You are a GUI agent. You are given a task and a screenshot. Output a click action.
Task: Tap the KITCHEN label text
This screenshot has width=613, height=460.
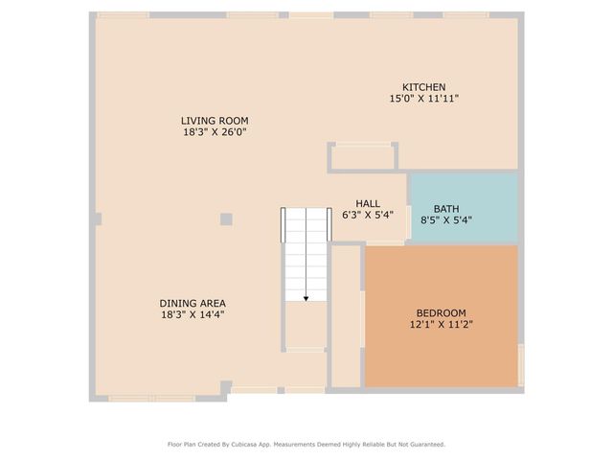(423, 87)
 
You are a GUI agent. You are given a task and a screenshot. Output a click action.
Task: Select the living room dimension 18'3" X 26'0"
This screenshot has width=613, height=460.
(215, 132)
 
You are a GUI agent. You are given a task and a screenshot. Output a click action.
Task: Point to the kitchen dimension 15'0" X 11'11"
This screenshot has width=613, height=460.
(423, 99)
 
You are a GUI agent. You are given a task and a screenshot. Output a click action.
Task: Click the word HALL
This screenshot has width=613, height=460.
(368, 204)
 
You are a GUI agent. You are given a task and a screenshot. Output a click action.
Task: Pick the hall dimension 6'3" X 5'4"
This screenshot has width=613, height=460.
(368, 216)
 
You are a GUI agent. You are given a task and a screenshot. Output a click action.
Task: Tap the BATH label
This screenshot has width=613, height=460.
(446, 209)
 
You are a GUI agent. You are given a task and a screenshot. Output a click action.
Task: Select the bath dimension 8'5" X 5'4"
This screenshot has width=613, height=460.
(446, 220)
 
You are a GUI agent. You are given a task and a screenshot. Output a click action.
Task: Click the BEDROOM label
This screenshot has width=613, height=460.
(441, 313)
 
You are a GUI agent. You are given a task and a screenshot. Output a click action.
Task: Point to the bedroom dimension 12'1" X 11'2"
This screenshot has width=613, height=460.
(441, 325)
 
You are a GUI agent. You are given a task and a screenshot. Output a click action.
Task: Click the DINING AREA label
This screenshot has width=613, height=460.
(193, 304)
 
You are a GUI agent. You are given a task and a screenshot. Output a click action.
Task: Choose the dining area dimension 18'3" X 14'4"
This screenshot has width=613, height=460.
(193, 314)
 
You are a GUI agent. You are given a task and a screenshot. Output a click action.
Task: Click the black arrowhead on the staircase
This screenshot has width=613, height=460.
(306, 299)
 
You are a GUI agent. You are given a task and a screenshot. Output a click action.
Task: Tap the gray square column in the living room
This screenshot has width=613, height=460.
(226, 219)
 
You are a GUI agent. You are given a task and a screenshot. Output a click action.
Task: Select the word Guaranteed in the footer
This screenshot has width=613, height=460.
(423, 445)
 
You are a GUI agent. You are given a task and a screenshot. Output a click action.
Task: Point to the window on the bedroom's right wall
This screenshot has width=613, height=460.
(521, 365)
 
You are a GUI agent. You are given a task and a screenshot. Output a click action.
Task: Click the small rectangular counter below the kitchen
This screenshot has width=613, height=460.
(363, 157)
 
